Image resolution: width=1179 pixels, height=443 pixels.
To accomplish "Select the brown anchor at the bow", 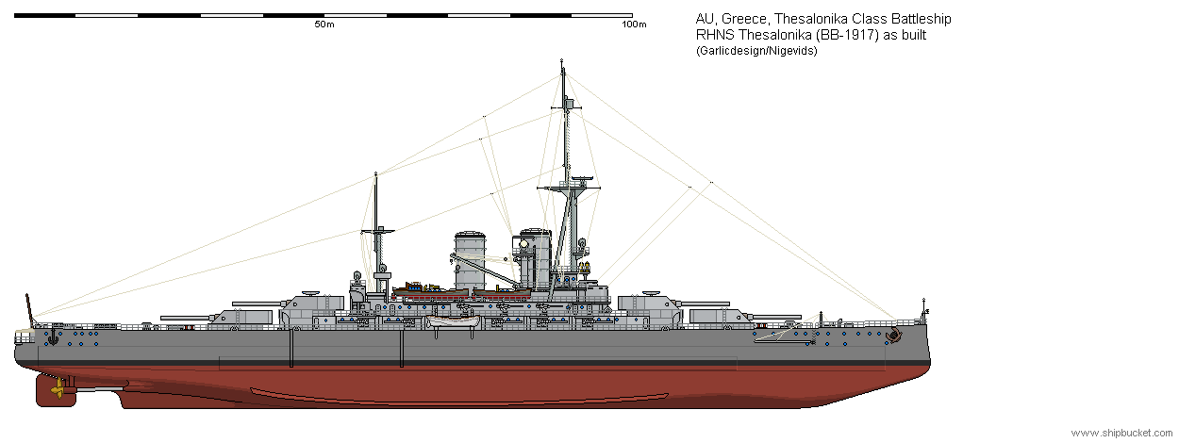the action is click(x=892, y=335).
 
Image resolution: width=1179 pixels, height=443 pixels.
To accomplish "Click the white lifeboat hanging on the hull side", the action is click(x=453, y=321).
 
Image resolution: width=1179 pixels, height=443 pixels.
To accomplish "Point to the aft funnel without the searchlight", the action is click(x=470, y=259).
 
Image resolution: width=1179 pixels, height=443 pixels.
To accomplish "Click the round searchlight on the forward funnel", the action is click(x=524, y=243).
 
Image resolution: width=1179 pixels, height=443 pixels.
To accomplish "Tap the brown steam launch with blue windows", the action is click(x=430, y=290).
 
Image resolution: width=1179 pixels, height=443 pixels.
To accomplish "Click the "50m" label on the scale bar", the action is click(x=324, y=25).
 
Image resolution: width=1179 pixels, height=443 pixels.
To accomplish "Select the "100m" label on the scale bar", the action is click(x=634, y=25).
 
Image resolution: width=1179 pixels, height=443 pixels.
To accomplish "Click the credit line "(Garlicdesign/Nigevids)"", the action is click(x=756, y=51).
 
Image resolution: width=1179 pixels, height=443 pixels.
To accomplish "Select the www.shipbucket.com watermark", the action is click(x=1121, y=433).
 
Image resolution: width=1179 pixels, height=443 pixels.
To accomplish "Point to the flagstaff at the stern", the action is click(x=30, y=308).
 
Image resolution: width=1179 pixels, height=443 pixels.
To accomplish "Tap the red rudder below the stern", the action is click(x=56, y=390).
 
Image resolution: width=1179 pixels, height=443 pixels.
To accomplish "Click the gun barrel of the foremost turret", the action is click(x=776, y=317).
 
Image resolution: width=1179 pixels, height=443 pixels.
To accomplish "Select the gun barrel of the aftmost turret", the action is click(x=188, y=318).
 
